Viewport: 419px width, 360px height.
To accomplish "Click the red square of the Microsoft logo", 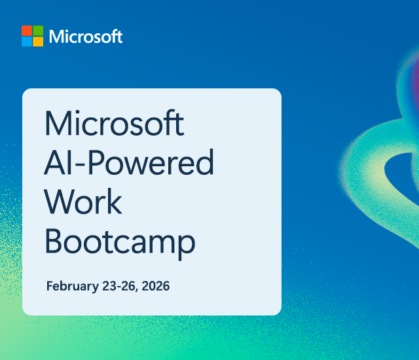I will click(27, 31).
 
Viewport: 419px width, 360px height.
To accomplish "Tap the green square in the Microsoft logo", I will click(38, 31).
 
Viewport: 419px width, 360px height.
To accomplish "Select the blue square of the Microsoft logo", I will click(27, 41).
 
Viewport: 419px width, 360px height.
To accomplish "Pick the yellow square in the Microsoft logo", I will click(38, 41).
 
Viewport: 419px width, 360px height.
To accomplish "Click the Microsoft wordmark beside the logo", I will click(86, 37).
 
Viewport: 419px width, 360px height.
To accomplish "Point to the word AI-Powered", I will click(128, 163).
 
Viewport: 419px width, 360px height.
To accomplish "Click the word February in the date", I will click(69, 287).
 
